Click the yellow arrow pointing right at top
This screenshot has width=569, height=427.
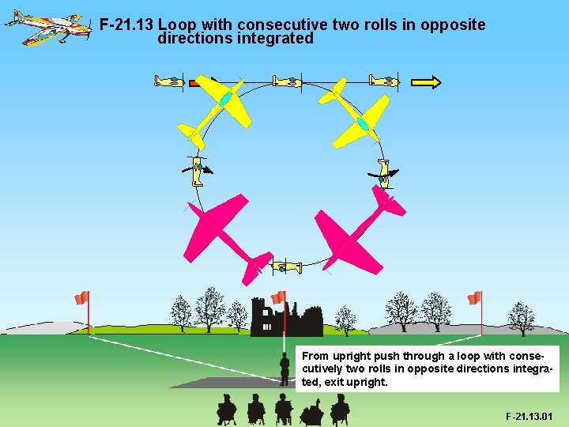point(427,81)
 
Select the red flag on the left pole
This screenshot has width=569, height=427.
point(81,297)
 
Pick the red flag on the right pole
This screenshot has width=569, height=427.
point(474,297)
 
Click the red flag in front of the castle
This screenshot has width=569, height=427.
point(278,297)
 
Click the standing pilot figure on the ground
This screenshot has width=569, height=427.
point(284,368)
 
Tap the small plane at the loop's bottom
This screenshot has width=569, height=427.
point(287,267)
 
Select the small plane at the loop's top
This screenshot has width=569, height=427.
point(286,81)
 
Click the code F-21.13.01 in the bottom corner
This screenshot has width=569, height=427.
point(529,416)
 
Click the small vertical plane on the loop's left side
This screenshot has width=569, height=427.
point(197,168)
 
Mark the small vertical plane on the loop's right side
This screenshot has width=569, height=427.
point(384,172)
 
